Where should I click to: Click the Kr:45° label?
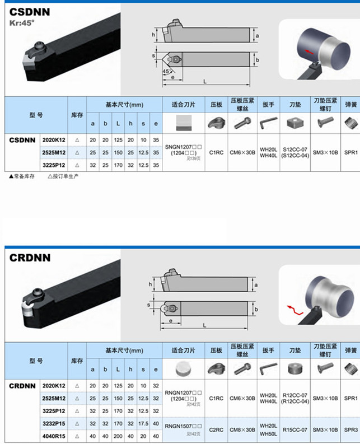(22, 24)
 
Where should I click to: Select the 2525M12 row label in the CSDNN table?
(54, 152)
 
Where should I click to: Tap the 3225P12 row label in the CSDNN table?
(54, 165)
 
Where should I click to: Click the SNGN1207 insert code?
(183, 147)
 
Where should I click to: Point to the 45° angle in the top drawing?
(166, 72)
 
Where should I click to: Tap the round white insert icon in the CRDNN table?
(183, 367)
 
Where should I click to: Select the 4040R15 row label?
(54, 436)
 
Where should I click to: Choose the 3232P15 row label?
(54, 424)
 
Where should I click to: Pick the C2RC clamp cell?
(216, 430)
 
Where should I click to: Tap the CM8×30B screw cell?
(242, 430)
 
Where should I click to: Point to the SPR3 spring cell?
(352, 430)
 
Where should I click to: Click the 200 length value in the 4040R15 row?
(118, 436)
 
